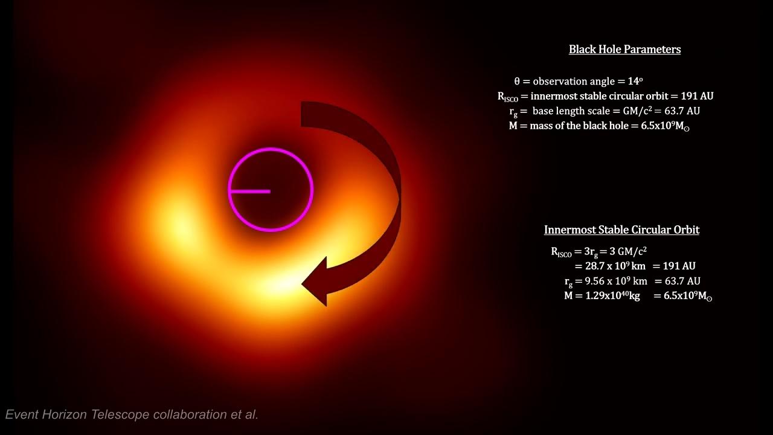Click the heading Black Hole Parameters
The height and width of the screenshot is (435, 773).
[x=624, y=50]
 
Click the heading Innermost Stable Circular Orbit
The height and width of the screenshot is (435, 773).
[x=621, y=230]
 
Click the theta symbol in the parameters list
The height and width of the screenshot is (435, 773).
[x=517, y=81]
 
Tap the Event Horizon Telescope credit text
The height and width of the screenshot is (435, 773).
[x=132, y=414]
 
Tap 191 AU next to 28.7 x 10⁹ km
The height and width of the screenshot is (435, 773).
[x=679, y=266]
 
